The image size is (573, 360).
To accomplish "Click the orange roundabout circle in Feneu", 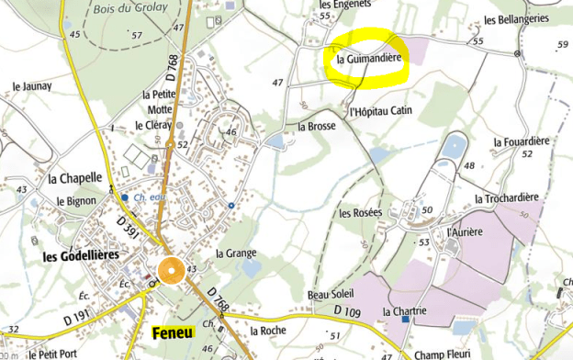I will tap(171, 270).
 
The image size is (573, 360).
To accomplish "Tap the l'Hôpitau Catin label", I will tap(381, 111).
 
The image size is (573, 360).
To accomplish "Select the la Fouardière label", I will tap(521, 141).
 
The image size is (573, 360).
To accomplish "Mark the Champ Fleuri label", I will tap(449, 353).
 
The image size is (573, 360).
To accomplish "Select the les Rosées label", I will tap(360, 213).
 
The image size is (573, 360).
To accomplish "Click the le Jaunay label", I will tap(30, 87).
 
